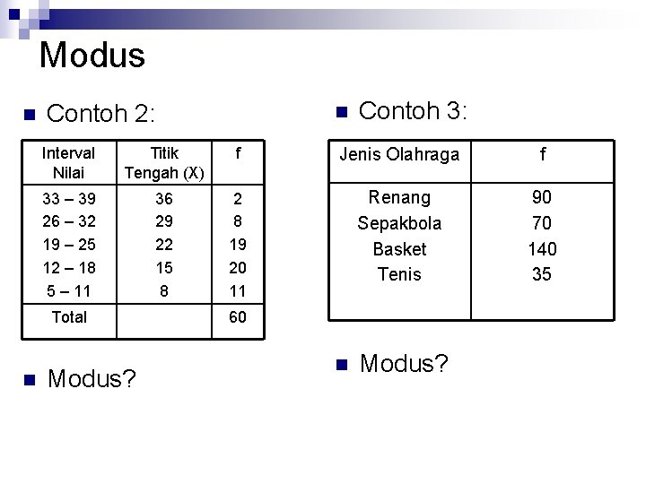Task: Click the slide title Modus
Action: pos(92,56)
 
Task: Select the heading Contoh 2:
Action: pos(100,114)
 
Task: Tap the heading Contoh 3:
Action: pos(413,111)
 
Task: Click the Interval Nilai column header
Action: pos(68,162)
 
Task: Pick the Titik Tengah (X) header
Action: pos(164,162)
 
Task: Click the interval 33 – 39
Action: pos(69,198)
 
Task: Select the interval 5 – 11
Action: pos(69,290)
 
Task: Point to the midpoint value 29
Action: pos(164,221)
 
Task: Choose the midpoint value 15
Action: pos(164,267)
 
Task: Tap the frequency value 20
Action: pos(238,267)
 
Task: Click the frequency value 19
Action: pos(238,244)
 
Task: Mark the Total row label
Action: pos(69,316)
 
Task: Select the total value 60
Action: pos(238,316)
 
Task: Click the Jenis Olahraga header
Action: pos(399,155)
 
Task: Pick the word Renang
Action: pos(399,197)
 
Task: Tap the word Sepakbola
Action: pos(399,222)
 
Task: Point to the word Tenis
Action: pos(399,274)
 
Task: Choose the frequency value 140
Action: pos(542,248)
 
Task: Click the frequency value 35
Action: pos(542,274)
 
